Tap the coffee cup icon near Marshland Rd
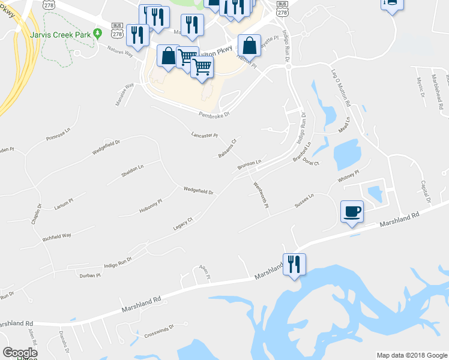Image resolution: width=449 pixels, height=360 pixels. pos(352,211)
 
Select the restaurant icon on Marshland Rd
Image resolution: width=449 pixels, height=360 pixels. pos(294,264)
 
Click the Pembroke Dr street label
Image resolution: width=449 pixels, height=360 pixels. pos(215,113)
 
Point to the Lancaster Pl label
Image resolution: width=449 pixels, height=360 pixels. pos(204,136)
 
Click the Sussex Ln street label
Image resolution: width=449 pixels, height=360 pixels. pos(304,200)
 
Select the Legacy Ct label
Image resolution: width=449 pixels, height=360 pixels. pos(182,223)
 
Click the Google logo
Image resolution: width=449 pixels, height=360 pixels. pos(20,353)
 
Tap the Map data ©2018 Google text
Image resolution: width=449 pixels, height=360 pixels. pos(411,355)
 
